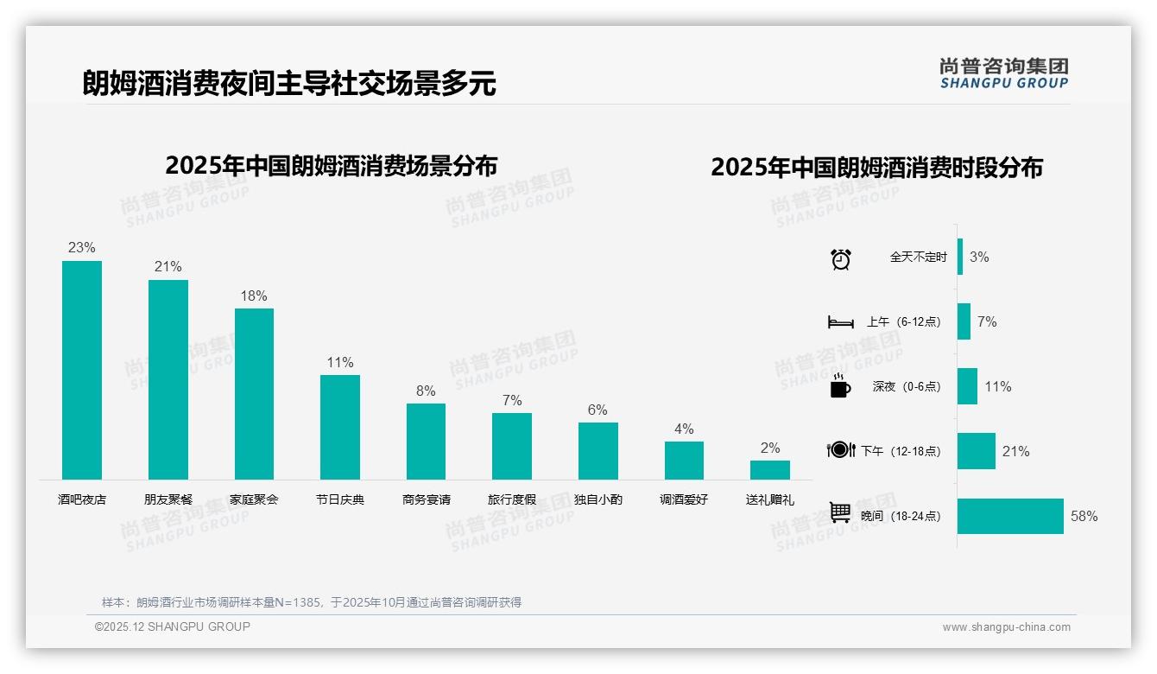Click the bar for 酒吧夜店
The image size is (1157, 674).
82,370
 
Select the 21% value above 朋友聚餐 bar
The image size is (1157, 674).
168,267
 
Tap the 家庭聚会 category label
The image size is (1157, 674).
254,499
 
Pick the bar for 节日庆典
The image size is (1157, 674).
340,427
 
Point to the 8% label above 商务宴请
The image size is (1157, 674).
426,391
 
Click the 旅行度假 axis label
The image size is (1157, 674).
512,499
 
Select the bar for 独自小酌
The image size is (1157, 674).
597,450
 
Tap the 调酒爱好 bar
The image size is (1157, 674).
684,460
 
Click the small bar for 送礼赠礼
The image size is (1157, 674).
769,469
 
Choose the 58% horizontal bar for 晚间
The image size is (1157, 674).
1010,516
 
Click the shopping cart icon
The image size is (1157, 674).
840,513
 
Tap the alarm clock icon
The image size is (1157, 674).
840,258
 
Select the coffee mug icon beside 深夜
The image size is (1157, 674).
840,385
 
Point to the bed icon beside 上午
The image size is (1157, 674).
840,322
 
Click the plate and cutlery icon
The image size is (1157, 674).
840,450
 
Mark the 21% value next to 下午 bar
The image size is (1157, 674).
1015,451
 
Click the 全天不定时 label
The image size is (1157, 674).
918,257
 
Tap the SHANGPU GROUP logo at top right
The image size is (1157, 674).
1003,73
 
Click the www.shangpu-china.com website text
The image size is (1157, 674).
1006,627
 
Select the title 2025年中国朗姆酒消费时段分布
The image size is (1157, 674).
876,167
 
